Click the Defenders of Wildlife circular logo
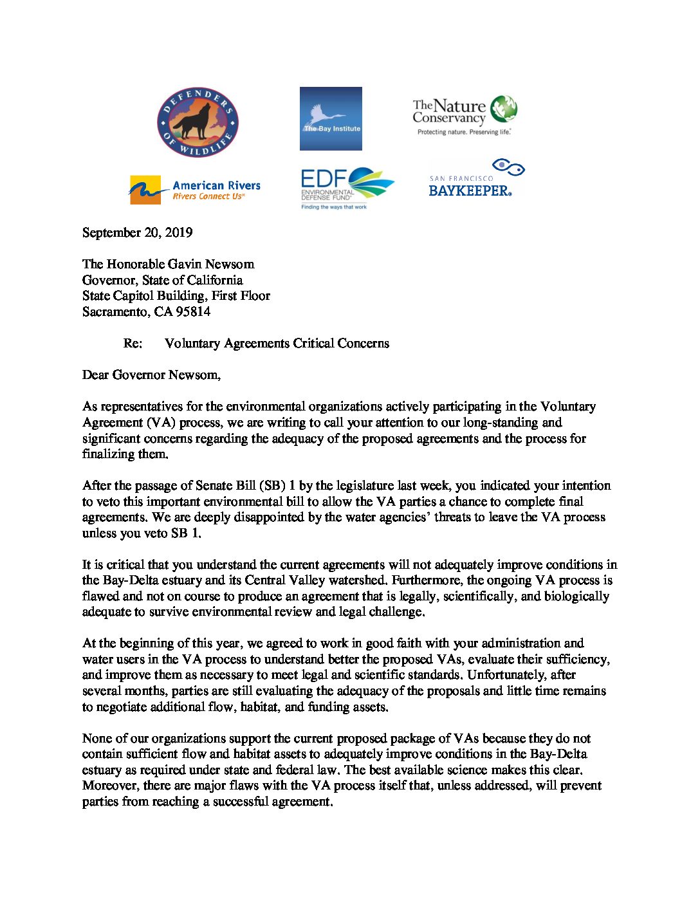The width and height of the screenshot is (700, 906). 198,122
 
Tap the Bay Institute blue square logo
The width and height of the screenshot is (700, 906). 331,118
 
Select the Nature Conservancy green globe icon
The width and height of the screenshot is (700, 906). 503,109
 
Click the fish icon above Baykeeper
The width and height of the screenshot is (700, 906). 508,168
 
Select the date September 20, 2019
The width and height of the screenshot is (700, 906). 137,232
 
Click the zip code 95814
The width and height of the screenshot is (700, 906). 192,311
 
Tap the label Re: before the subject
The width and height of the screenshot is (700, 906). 133,343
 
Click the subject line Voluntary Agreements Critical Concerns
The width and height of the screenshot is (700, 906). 277,343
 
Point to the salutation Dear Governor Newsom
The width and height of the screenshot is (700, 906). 151,374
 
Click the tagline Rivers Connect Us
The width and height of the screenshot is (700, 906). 208,197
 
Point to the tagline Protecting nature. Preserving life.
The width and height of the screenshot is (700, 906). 464,132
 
